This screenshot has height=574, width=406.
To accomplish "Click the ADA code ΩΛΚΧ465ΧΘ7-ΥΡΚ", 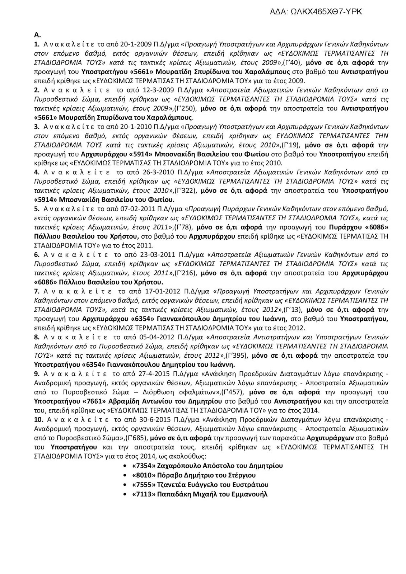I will point(316,12).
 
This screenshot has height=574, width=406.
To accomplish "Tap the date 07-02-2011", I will point(123,209).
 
